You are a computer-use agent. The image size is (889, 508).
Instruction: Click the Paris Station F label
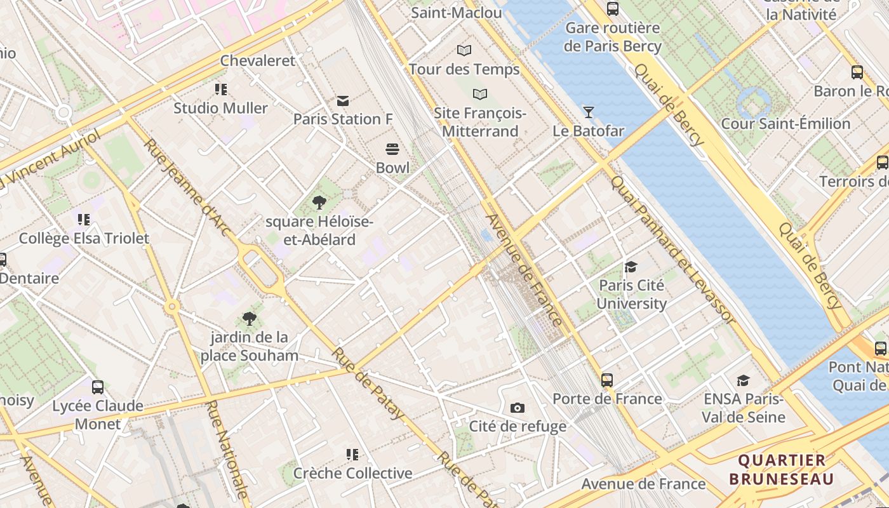click(x=343, y=119)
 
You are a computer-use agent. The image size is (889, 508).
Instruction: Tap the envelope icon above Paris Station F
click(x=343, y=100)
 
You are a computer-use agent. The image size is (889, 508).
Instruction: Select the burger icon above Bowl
click(x=392, y=149)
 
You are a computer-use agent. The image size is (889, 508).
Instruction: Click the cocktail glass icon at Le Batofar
click(x=589, y=112)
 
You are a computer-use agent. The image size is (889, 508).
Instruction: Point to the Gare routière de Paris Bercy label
click(x=612, y=37)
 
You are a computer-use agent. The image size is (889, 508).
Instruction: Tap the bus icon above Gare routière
click(x=612, y=9)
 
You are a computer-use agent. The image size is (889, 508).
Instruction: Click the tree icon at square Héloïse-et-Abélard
click(x=319, y=203)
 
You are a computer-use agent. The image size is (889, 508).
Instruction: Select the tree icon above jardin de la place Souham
click(x=249, y=318)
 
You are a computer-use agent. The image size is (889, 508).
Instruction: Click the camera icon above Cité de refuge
click(x=518, y=408)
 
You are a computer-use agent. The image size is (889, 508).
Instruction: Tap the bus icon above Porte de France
click(x=607, y=380)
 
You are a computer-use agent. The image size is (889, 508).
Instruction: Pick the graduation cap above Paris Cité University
click(x=631, y=267)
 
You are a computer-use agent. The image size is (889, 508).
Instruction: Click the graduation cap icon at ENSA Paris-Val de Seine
click(x=743, y=380)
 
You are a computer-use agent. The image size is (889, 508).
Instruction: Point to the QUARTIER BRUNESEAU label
click(x=781, y=469)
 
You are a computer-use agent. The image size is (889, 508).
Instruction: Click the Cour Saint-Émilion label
click(x=785, y=124)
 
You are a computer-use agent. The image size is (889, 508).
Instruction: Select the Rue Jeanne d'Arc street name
click(x=185, y=187)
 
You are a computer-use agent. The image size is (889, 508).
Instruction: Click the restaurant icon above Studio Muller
click(x=220, y=90)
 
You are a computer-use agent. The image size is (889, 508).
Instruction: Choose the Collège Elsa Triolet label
click(x=84, y=239)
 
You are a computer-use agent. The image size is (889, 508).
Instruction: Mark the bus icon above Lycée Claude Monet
click(x=97, y=387)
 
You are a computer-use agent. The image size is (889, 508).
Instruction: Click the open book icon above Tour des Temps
click(x=464, y=50)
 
